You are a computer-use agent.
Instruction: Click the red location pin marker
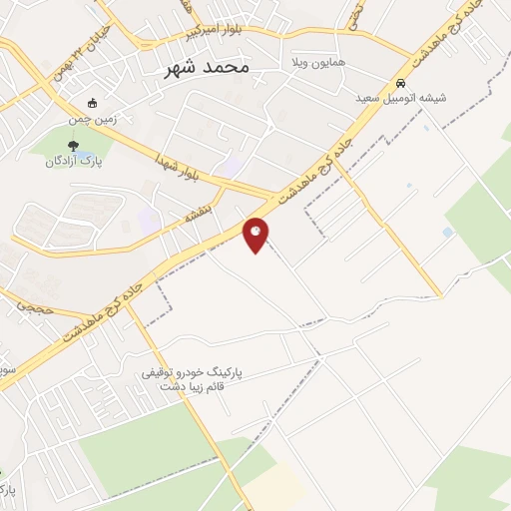click(x=256, y=235)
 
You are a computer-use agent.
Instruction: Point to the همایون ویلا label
click(x=317, y=62)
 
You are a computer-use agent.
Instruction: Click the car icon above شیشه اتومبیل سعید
click(x=400, y=84)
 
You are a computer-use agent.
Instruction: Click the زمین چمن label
click(x=95, y=118)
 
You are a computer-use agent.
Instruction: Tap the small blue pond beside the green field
click(x=446, y=233)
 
